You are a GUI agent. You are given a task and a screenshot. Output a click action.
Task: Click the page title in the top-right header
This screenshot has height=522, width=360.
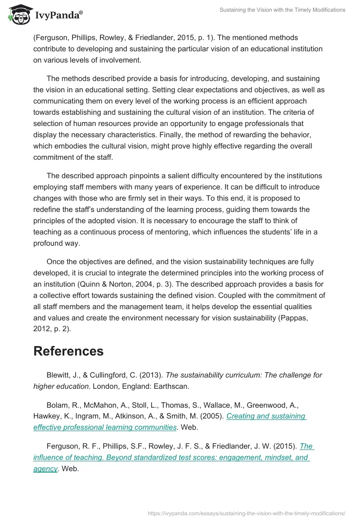[x=282, y=10]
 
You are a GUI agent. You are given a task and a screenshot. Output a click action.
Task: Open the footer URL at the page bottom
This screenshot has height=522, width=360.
[x=247, y=513]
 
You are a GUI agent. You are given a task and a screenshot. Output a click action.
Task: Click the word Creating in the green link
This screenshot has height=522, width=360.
[x=240, y=416]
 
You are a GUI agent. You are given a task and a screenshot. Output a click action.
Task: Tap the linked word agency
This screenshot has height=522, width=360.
[x=45, y=468]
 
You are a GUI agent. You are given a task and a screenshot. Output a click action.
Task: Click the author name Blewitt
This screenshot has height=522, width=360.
[x=59, y=375]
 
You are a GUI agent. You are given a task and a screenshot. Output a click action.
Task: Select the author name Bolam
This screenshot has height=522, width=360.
[x=57, y=405]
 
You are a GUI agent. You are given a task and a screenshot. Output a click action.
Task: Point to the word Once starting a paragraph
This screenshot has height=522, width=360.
[x=56, y=261]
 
